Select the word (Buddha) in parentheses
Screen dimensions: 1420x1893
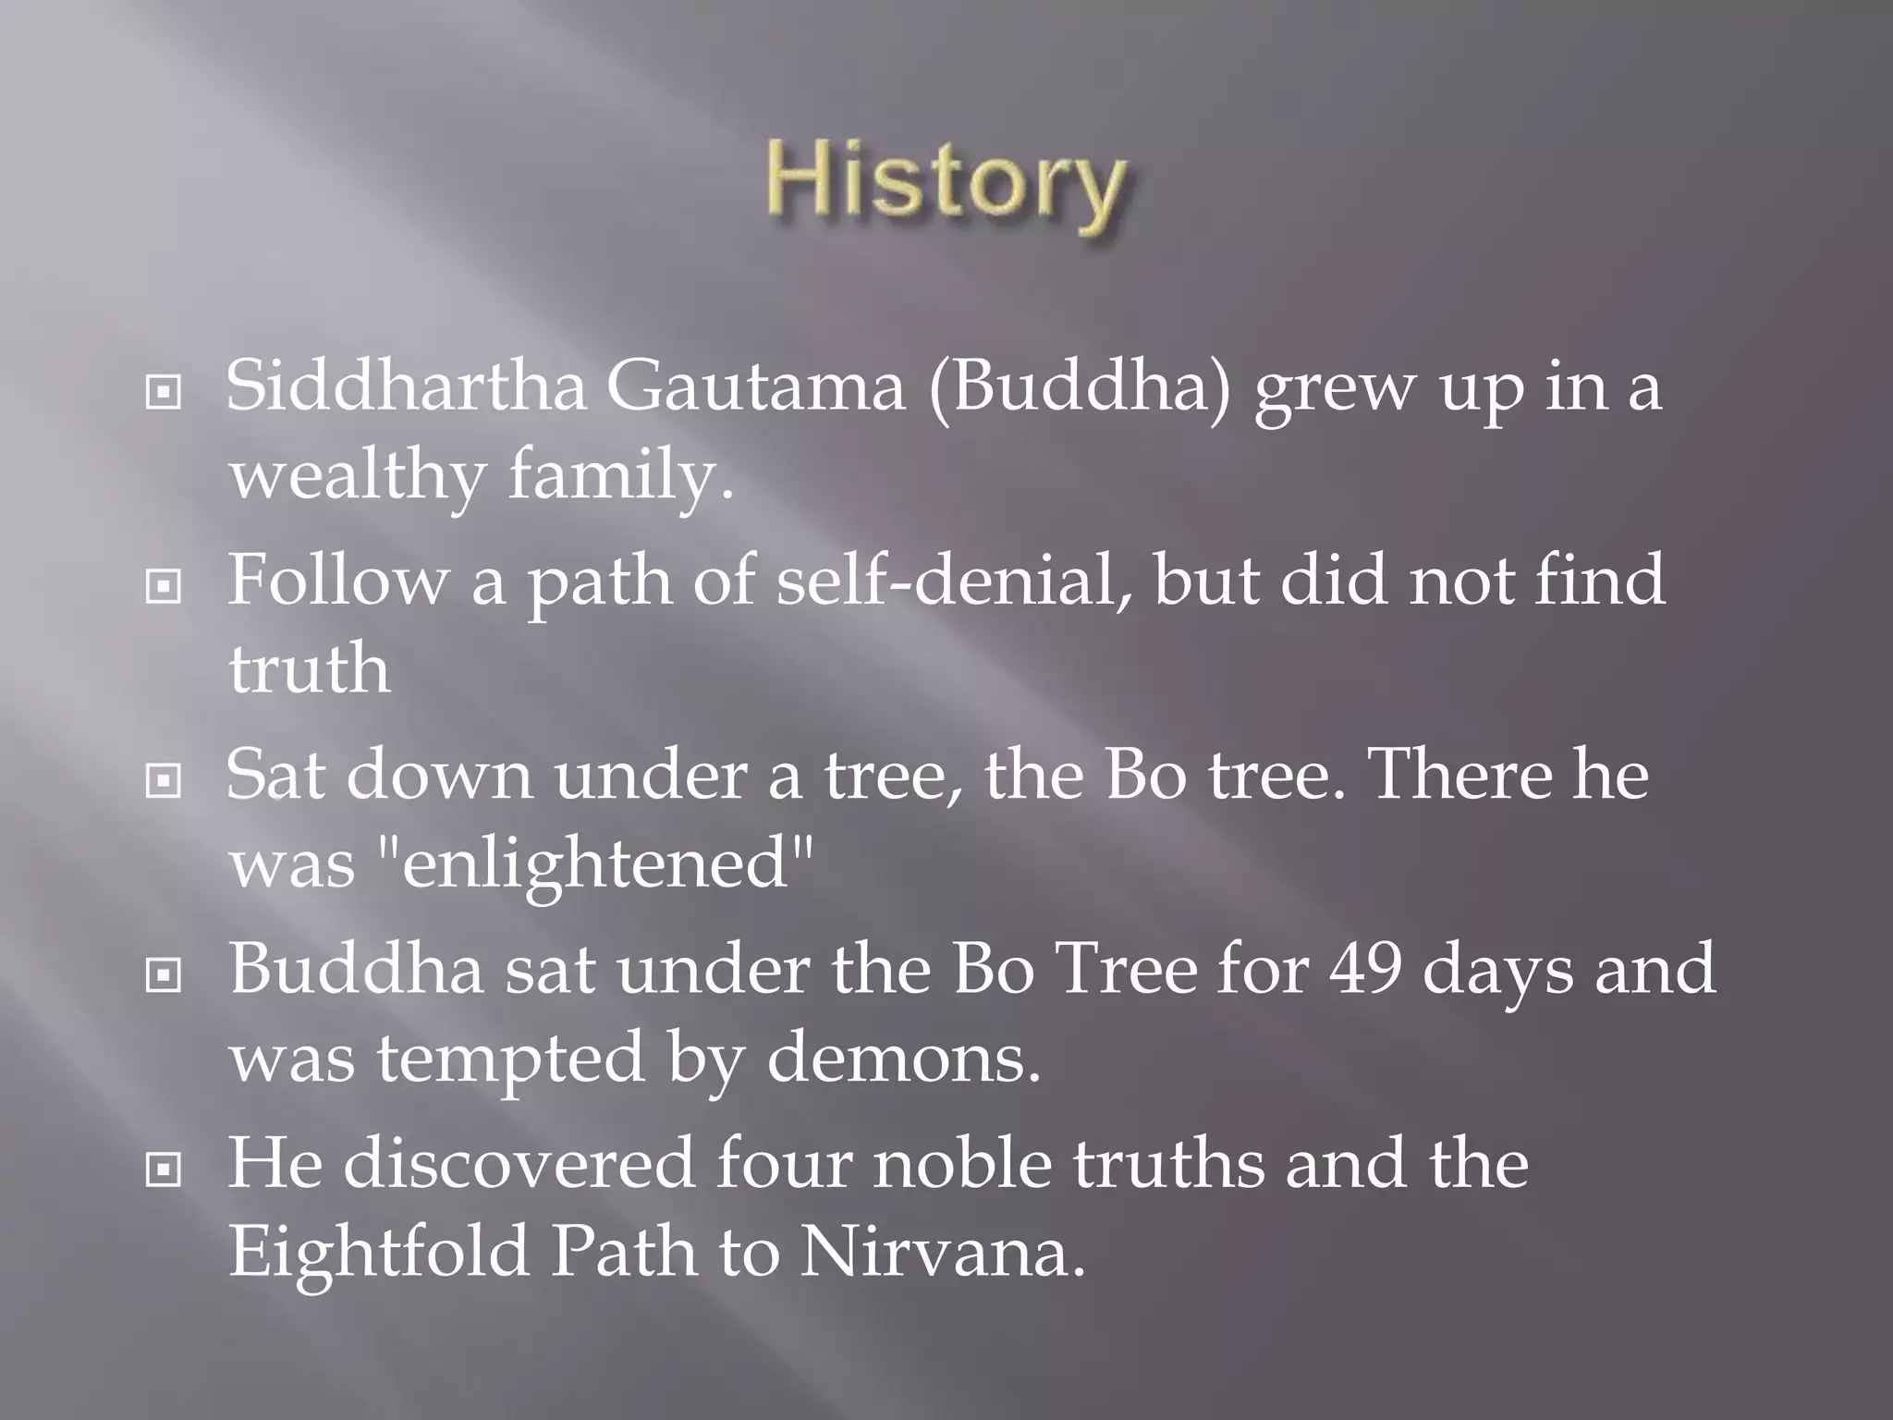coord(1081,386)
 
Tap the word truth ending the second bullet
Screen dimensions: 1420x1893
coord(309,669)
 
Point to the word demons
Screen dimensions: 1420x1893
coord(903,1058)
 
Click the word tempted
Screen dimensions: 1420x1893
coord(509,1058)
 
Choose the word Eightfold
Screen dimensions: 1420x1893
coord(378,1252)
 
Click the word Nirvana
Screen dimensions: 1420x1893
coord(942,1252)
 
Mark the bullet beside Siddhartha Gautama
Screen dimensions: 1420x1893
coord(164,393)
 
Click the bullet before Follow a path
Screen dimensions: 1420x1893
coord(164,586)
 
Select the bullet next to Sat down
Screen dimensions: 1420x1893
coord(164,781)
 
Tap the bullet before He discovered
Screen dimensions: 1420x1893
coord(164,1170)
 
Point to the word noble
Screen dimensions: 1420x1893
coord(962,1163)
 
